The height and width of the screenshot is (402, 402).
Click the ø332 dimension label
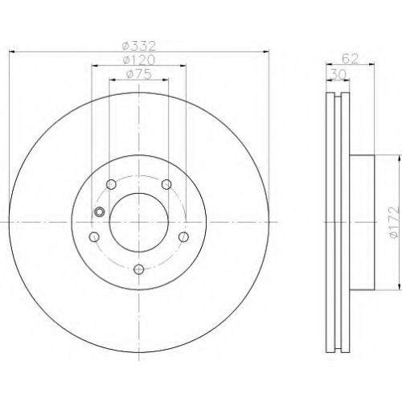(139, 46)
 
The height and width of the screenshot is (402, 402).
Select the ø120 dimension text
(139, 60)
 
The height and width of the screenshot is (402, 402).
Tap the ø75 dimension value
(139, 74)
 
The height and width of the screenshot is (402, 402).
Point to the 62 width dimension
(350, 59)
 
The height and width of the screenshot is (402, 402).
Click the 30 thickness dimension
(338, 75)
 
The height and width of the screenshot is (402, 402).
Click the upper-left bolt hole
(111, 184)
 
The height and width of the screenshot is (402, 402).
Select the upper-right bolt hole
(166, 184)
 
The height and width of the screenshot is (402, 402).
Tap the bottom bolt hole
(139, 269)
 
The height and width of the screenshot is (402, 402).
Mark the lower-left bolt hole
(94, 237)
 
